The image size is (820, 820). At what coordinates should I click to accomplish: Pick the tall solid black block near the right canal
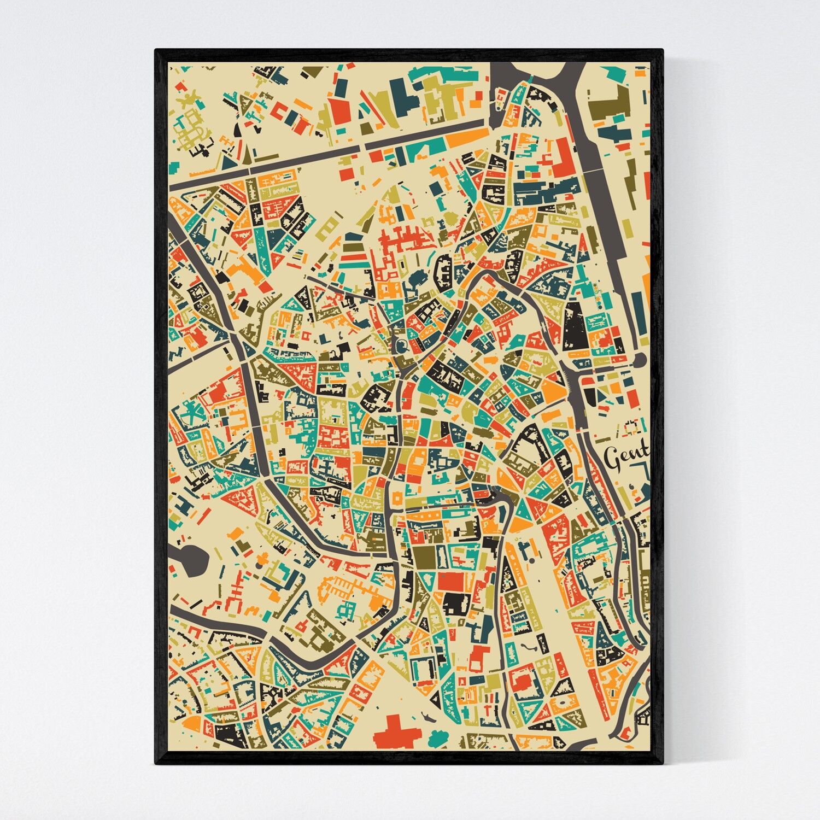[x=575, y=326]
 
